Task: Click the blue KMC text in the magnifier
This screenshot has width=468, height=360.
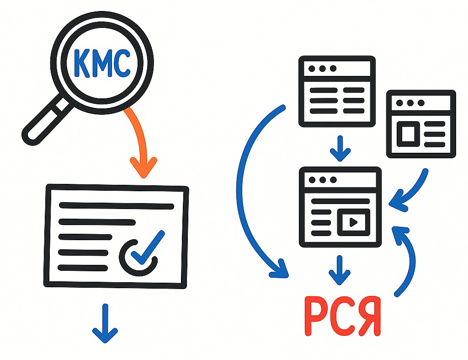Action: pyautogui.click(x=102, y=63)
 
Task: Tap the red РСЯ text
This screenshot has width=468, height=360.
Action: pyautogui.click(x=343, y=317)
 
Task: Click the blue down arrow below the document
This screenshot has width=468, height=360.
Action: pyautogui.click(x=105, y=323)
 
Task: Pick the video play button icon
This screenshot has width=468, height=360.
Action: pyautogui.click(x=353, y=222)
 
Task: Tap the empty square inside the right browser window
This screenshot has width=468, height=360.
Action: pyautogui.click(x=408, y=134)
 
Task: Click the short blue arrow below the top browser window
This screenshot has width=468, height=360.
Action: pyautogui.click(x=340, y=149)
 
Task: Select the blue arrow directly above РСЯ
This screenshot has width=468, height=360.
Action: pyautogui.click(x=340, y=270)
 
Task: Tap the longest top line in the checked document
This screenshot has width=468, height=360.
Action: pyautogui.click(x=117, y=205)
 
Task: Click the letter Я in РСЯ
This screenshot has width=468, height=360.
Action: pyautogui.click(x=370, y=317)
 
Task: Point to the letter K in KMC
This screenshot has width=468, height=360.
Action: pyautogui.click(x=80, y=63)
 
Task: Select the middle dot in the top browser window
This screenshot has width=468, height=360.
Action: pyautogui.click(x=322, y=69)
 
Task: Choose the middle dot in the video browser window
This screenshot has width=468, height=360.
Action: pyautogui.click(x=323, y=180)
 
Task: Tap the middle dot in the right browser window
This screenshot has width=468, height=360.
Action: pyautogui.click(x=410, y=103)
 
